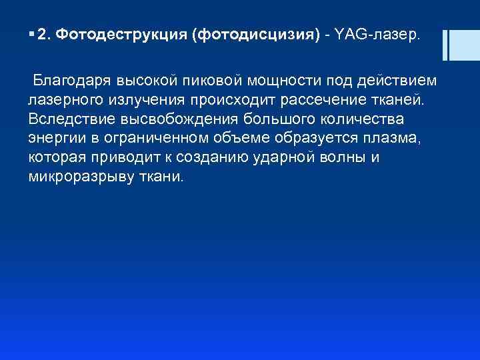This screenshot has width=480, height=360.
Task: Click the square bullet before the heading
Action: (x=31, y=34)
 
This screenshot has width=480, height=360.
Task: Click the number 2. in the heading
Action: (x=44, y=34)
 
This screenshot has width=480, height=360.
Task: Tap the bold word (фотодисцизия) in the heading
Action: (x=256, y=34)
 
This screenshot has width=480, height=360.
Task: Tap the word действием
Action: (x=399, y=81)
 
